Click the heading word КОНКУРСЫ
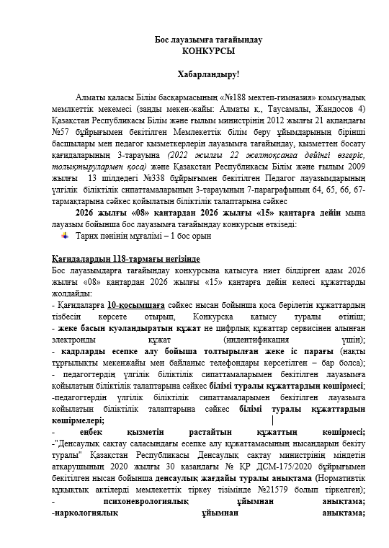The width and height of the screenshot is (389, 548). tap(208, 52)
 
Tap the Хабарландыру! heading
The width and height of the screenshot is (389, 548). tap(208, 75)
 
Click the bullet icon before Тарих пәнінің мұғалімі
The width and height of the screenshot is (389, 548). tap(65, 235)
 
